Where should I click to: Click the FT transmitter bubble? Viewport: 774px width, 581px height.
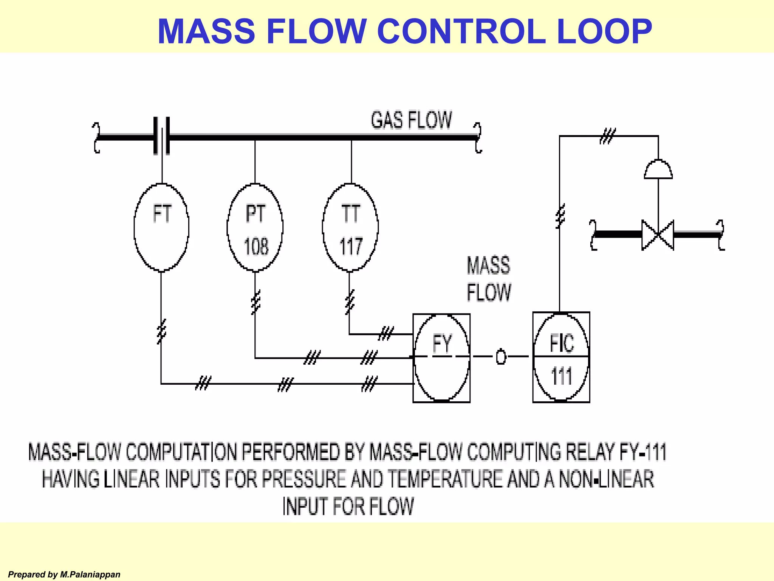pos(161,227)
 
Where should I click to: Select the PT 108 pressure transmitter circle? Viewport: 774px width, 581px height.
pos(255,227)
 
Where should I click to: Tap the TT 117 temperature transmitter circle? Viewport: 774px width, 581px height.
pos(350,227)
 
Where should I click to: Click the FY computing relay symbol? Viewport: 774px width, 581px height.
pos(441,358)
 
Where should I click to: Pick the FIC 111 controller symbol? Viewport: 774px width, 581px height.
pos(561,357)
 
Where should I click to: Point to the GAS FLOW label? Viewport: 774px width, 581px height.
pos(411,120)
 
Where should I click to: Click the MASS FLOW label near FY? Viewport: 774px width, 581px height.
pos(489,279)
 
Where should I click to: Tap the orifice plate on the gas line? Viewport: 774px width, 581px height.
pos(162,136)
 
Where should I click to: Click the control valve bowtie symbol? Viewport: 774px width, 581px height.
pos(658,235)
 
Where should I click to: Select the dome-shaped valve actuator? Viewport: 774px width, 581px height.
pos(658,169)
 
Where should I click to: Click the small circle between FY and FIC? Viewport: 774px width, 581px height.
pos(501,357)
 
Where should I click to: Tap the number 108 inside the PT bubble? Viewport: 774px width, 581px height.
pos(256,247)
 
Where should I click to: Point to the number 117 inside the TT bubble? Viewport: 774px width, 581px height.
pos(351,247)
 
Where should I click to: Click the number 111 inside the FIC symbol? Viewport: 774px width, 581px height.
pos(561,377)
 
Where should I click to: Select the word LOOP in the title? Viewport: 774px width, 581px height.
pos(604,31)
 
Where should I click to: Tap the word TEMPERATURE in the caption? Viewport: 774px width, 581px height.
pos(445,479)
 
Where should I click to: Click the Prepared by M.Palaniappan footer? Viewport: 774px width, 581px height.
pos(64,575)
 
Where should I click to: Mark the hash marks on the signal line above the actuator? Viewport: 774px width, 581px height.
pos(608,136)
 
